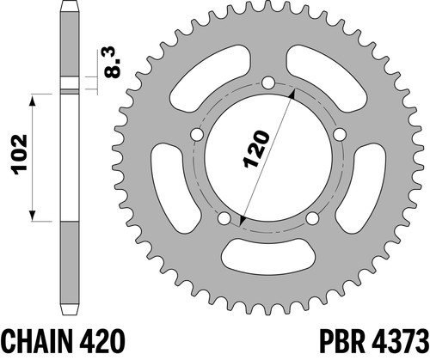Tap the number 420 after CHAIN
[x=101, y=342]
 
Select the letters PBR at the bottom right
[x=342, y=342]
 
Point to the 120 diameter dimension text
[x=256, y=149]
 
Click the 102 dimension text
[x=20, y=155]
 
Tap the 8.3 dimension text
[x=112, y=62]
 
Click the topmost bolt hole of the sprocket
[x=268, y=83]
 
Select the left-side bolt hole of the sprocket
[x=197, y=134]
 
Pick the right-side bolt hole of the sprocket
[x=340, y=134]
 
